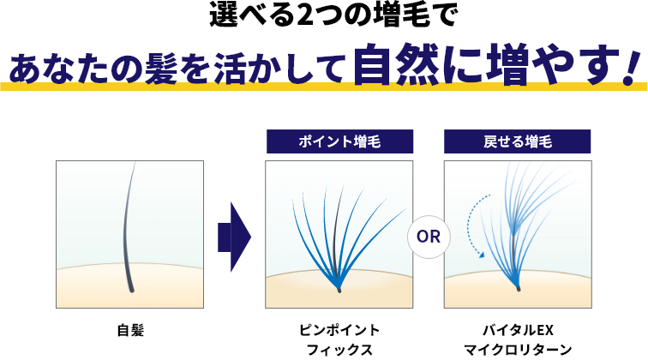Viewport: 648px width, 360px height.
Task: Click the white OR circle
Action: click(x=429, y=237)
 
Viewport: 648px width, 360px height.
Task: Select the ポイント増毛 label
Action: click(x=339, y=141)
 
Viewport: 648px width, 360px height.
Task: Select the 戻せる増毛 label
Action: click(x=517, y=141)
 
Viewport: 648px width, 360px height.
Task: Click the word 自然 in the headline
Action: click(x=396, y=63)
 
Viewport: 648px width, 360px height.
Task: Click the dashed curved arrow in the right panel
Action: click(x=471, y=221)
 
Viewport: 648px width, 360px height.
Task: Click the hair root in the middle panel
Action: click(x=339, y=289)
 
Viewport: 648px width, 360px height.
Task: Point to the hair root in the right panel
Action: click(x=518, y=288)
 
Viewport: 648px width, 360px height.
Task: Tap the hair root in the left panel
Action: click(x=131, y=290)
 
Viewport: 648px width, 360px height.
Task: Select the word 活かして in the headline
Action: click(x=279, y=68)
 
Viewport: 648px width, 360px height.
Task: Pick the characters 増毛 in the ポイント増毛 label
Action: click(x=366, y=141)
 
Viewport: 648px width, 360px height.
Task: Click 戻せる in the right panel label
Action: click(x=503, y=141)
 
